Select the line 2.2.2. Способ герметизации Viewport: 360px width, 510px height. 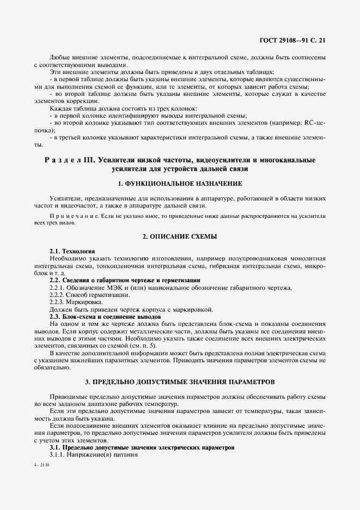pyautogui.click(x=82, y=295)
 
